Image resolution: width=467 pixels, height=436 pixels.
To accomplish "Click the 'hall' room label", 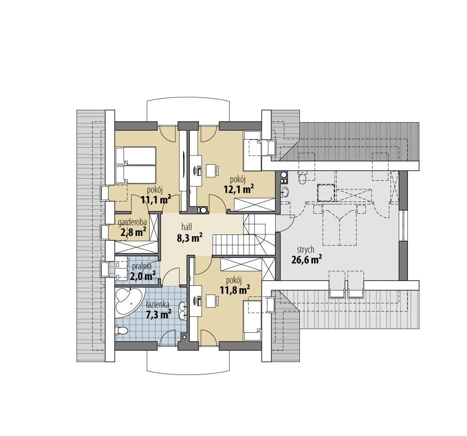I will [187, 226].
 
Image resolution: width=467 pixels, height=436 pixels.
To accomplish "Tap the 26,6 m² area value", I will [307, 260].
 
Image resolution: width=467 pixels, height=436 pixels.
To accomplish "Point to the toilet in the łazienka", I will [121, 331].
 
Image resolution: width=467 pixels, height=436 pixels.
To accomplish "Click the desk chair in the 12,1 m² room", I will [212, 171].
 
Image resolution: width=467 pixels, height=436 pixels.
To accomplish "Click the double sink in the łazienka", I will [183, 311].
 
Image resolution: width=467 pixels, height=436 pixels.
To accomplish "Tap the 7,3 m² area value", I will [158, 315].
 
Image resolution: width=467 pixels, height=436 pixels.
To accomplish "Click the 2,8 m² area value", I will [134, 232].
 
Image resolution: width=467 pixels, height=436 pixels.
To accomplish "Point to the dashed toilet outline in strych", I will [303, 177].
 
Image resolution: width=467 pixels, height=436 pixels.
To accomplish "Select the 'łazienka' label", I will [157, 305].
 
